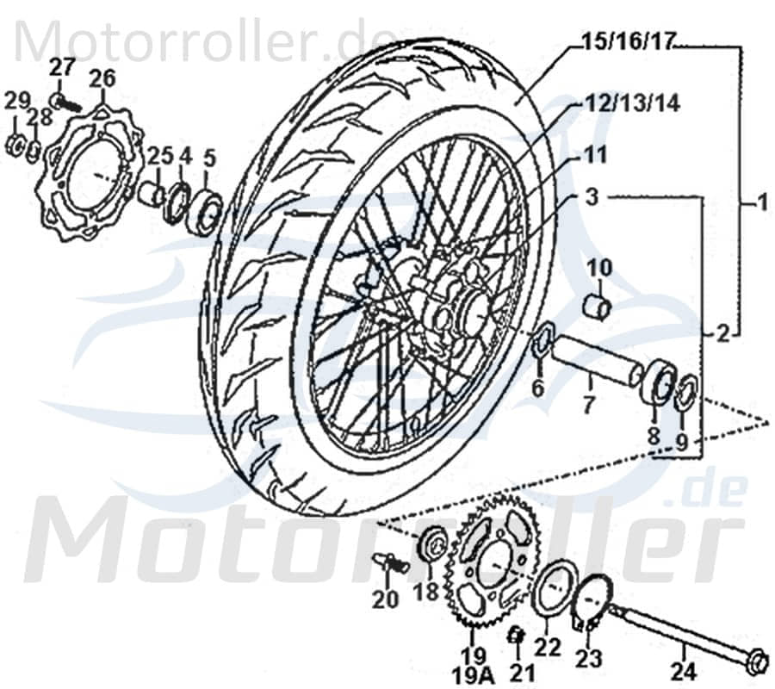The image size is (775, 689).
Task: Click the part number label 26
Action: [x=102, y=79]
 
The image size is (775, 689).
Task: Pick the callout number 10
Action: [x=600, y=269]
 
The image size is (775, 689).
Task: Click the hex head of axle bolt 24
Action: [x=756, y=661]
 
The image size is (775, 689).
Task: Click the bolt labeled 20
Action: [x=389, y=562]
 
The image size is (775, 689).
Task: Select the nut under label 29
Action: [x=15, y=145]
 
